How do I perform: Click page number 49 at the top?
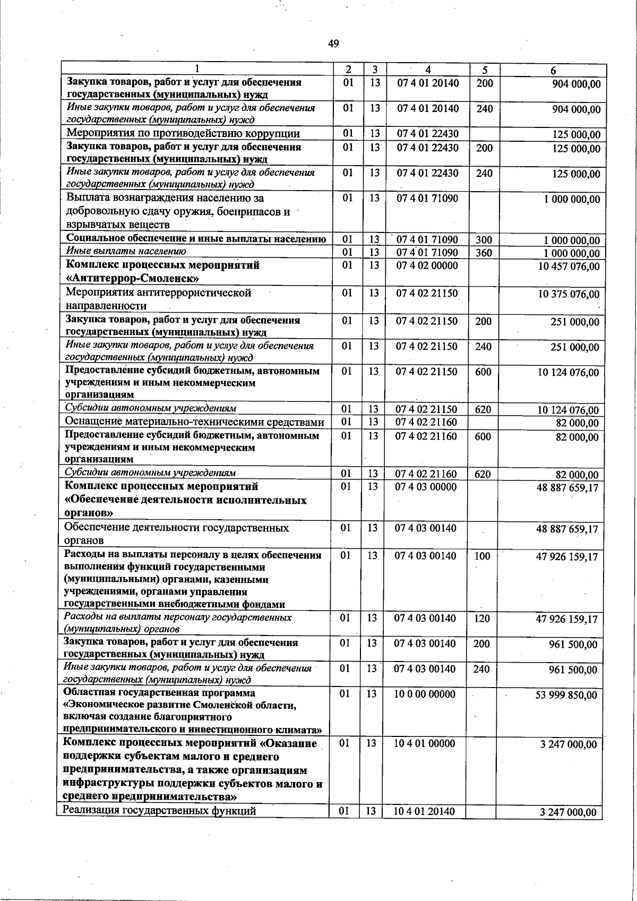(333, 44)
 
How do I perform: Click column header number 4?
(428, 70)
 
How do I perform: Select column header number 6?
(553, 70)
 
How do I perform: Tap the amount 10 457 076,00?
(569, 266)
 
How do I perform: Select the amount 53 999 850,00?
(567, 696)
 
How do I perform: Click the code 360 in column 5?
(484, 253)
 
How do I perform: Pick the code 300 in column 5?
(484, 241)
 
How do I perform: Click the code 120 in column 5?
(482, 619)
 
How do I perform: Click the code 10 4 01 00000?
(425, 744)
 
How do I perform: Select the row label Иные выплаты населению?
(126, 251)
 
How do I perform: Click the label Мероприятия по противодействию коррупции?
(183, 134)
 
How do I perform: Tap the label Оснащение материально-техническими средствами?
(194, 422)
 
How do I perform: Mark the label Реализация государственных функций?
(160, 826)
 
